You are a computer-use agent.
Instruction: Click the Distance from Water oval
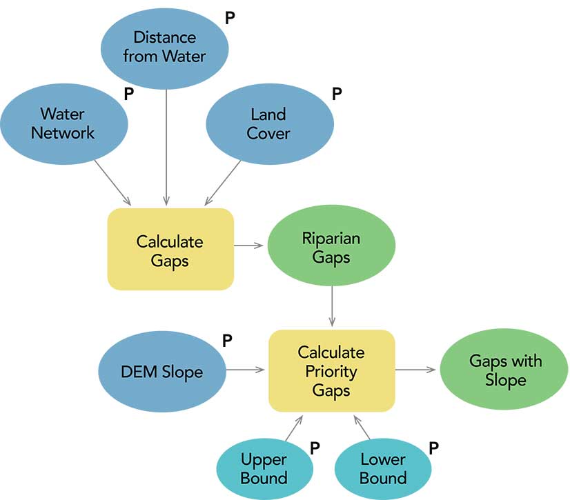(164, 46)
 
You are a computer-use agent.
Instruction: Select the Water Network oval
(63, 123)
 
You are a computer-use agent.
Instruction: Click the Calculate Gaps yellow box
(170, 249)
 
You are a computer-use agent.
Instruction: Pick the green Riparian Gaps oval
(331, 248)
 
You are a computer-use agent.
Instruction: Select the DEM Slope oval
(161, 371)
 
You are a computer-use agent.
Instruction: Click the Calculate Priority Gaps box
(331, 370)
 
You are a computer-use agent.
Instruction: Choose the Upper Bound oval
(264, 468)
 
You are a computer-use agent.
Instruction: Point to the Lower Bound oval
(383, 468)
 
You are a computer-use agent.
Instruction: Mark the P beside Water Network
(128, 94)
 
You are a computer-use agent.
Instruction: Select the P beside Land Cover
(337, 94)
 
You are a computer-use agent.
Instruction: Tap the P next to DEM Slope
(227, 340)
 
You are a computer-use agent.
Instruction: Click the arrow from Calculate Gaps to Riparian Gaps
(250, 245)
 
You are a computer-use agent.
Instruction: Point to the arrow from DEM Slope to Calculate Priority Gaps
(246, 370)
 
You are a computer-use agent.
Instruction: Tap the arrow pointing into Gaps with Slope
(417, 370)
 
